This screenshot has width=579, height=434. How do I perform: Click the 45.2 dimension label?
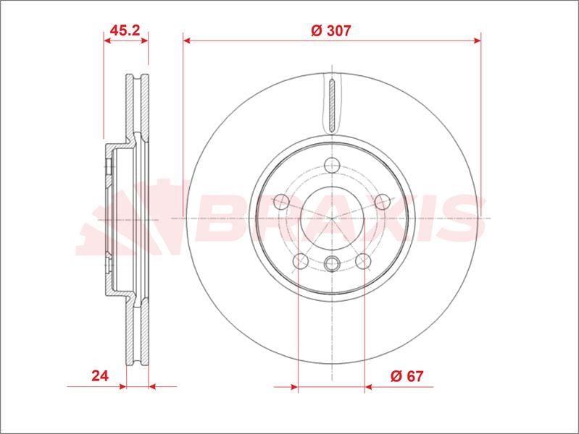click(x=125, y=30)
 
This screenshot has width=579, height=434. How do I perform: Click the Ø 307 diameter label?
click(x=331, y=30)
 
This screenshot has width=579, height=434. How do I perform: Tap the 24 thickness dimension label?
click(x=100, y=375)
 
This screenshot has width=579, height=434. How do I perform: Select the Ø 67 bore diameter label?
click(x=407, y=376)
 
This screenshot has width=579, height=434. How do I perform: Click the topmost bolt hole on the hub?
click(x=333, y=165)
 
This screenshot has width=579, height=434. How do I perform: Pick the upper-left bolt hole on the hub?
click(x=281, y=202)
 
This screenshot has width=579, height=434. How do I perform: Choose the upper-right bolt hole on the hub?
click(x=383, y=202)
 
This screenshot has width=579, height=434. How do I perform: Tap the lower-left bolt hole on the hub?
click(x=301, y=261)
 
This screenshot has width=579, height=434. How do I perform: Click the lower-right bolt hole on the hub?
click(x=363, y=261)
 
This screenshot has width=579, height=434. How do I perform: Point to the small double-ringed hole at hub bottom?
click(x=332, y=263)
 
